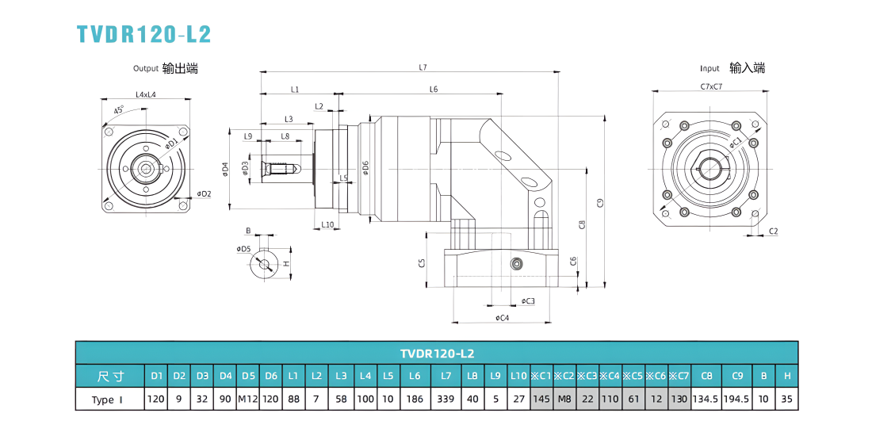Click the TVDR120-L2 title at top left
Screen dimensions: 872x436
coord(144,34)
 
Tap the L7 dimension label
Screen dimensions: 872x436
coord(423,67)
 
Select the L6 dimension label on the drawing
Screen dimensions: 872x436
coord(434,90)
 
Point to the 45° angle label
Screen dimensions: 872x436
coord(118,110)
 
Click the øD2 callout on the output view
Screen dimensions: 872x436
coord(204,193)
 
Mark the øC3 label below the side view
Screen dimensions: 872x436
coord(528,301)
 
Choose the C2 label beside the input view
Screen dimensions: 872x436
coord(773,231)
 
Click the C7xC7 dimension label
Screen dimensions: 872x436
coord(711,86)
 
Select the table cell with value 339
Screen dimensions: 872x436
coord(446,399)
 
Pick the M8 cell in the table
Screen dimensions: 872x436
coord(565,399)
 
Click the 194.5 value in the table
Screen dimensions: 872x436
coord(737,399)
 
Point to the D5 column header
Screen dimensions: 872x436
coord(249,376)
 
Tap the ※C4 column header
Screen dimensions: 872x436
coord(610,376)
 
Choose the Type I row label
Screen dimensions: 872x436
coord(102,400)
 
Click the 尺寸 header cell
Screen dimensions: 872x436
coord(110,376)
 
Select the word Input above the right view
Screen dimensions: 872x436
coord(709,69)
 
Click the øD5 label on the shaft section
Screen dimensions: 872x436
coord(243,249)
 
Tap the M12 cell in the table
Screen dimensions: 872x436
coord(249,399)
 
